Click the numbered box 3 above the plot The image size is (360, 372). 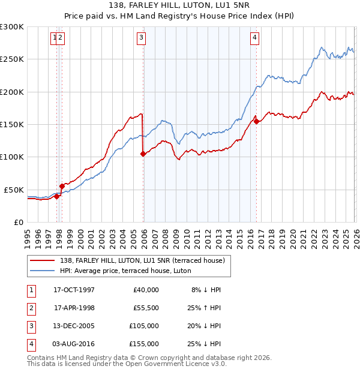[x=141, y=38]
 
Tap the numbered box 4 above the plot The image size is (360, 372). [x=254, y=38]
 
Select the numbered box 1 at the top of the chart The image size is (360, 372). [x=55, y=38]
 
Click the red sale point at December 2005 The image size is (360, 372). [x=143, y=154]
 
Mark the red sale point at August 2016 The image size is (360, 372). [x=256, y=121]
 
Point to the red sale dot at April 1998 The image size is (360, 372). [x=62, y=186]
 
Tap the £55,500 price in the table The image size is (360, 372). [x=145, y=308]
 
